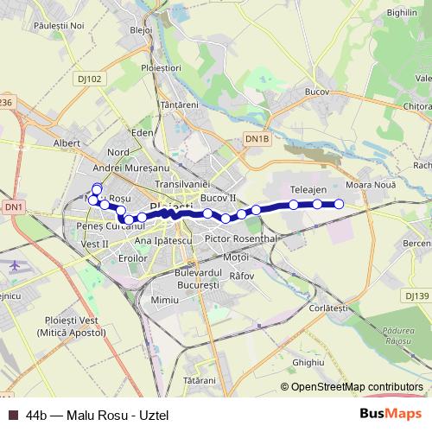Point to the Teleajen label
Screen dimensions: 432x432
308,188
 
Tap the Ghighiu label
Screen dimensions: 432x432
308,362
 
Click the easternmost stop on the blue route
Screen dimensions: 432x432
339,204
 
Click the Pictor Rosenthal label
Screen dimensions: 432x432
240,238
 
